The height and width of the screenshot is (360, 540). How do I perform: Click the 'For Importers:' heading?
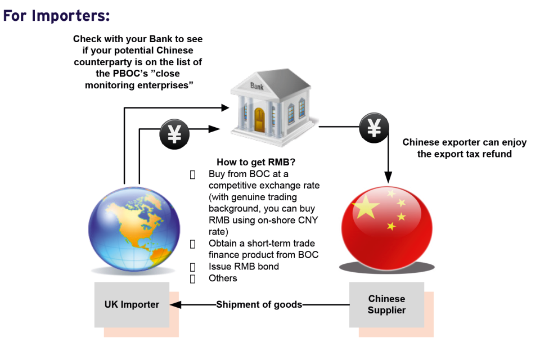[x=56, y=16]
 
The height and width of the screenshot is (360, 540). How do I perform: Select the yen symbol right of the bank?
[x=374, y=129]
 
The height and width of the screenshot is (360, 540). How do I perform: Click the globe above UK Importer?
[x=134, y=228]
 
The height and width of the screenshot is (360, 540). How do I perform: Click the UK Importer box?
[x=132, y=305]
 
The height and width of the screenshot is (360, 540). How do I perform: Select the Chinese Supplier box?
[x=386, y=305]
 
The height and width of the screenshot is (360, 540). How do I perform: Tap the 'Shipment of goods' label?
[x=259, y=305]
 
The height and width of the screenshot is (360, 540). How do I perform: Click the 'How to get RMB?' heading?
[x=256, y=163]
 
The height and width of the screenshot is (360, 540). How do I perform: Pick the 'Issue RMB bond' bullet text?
[x=244, y=266]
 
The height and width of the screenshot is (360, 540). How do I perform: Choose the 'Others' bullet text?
[x=223, y=278]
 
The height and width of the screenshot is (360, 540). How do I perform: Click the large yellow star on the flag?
[x=366, y=208]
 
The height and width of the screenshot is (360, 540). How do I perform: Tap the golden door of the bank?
[x=259, y=118]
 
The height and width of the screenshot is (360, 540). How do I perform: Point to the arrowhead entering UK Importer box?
[x=174, y=305]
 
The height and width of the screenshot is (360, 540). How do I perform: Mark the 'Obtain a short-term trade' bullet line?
[x=262, y=244]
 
